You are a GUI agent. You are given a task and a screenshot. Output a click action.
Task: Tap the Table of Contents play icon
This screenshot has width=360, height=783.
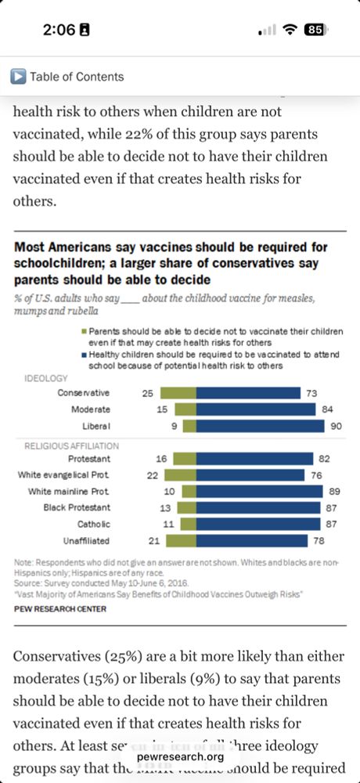tap(18, 76)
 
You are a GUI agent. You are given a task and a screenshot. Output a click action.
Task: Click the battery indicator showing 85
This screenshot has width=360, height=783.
tap(315, 30)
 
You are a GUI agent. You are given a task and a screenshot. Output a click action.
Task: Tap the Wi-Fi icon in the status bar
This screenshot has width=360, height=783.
tap(290, 30)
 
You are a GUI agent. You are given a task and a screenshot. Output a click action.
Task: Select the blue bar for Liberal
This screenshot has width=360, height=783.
tap(260, 426)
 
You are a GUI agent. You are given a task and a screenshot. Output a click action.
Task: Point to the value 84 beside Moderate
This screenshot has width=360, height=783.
tap(329, 410)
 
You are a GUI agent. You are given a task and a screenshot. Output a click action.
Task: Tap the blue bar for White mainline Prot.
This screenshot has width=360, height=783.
tap(259, 491)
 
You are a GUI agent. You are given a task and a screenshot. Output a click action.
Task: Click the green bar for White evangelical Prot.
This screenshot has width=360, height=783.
tap(180, 474)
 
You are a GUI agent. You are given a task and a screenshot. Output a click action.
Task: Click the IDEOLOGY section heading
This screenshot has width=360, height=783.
tap(45, 378)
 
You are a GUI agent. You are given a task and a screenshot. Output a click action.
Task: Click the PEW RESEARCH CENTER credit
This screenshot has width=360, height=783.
tap(60, 608)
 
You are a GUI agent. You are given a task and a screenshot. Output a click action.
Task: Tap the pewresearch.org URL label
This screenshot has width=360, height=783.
tap(180, 756)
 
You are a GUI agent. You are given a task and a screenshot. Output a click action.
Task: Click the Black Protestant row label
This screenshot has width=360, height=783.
tap(75, 507)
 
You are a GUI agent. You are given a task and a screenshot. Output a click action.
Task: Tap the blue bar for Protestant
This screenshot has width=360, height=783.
tap(254, 459)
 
